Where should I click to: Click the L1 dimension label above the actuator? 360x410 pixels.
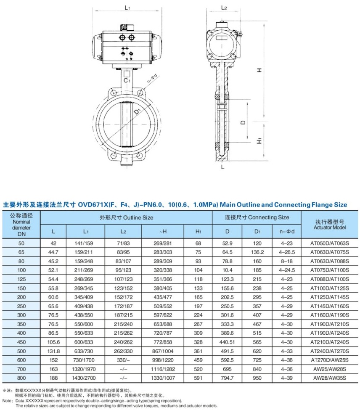(127, 8)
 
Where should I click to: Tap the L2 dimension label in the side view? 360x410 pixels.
(224, 8)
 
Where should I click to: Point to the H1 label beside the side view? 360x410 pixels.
(259, 140)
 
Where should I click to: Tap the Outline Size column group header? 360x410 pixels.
(126, 217)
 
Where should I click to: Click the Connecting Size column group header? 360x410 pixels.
(257, 217)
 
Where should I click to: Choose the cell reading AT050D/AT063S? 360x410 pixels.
(330, 243)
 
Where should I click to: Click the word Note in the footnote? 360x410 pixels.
(7, 401)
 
